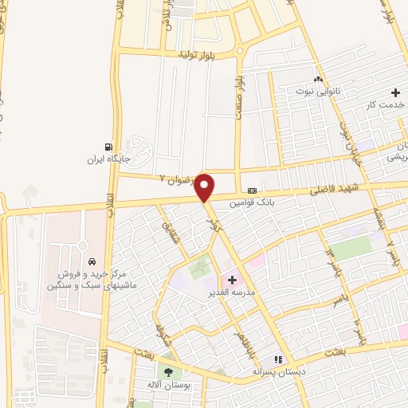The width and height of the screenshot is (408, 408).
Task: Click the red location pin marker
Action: point(206,188)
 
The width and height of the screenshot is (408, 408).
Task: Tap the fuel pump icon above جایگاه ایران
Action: point(108,146)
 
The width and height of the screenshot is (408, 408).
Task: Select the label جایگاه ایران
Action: point(108,159)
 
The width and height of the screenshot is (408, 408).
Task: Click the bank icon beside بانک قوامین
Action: point(252,191)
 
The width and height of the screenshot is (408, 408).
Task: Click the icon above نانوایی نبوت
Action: point(318,79)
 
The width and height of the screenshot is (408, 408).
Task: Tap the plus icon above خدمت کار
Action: point(395,92)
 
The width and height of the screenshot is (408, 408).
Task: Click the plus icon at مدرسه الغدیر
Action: point(233,280)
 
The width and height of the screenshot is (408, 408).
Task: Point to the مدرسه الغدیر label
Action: point(252,292)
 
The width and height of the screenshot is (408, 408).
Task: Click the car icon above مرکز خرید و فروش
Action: point(92,261)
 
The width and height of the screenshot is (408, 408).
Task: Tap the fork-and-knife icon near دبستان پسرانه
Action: point(279,359)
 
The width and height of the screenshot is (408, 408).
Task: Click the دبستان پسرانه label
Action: point(280,371)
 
